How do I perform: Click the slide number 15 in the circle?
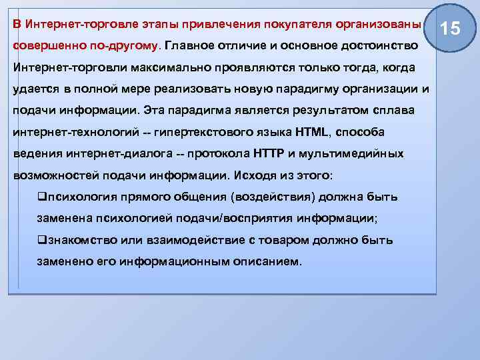[x=451, y=28]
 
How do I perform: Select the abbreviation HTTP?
[x=270, y=153]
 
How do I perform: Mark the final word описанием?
[x=266, y=261]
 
